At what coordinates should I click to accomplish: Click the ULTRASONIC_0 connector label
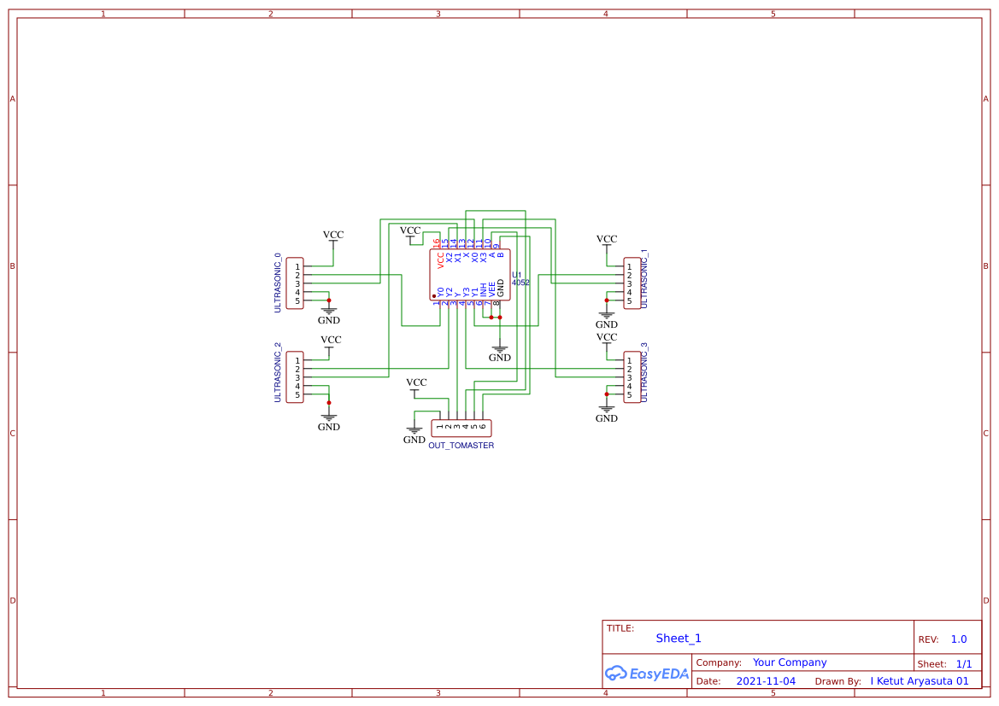278,283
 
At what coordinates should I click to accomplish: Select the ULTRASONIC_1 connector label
644,279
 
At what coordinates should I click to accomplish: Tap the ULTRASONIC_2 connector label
278,372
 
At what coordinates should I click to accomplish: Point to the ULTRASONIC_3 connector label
644,372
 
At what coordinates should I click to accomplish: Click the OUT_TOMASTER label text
461,446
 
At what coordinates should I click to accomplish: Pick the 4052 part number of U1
520,283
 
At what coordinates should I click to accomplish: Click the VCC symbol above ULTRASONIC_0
333,236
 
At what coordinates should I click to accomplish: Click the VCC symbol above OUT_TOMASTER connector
416,383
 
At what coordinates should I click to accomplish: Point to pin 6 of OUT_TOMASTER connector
482,426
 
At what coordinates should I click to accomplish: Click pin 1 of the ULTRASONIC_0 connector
297,266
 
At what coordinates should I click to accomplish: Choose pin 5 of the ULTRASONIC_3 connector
630,394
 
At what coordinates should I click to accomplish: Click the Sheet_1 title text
679,639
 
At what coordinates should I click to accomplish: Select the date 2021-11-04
765,681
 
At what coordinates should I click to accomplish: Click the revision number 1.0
959,639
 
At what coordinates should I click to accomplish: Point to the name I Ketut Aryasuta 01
920,681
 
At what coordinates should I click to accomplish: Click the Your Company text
790,662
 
